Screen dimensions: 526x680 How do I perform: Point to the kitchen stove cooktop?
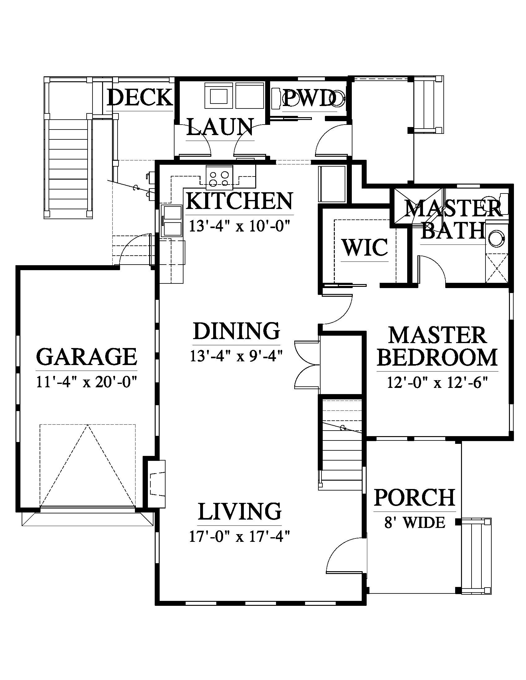[219, 177]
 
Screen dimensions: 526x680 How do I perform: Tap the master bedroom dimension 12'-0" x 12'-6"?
[437, 382]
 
